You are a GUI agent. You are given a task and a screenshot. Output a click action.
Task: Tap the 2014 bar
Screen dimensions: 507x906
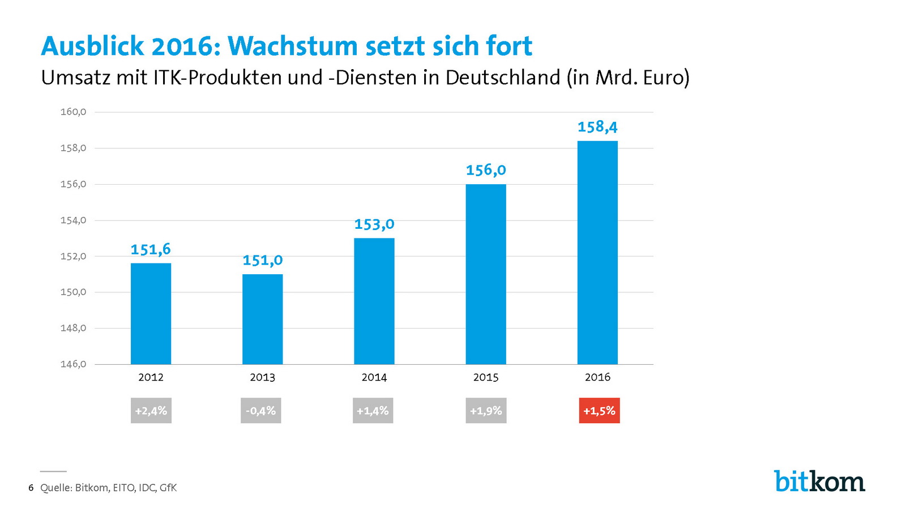click(374, 301)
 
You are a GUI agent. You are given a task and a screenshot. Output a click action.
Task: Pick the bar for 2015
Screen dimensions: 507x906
click(486, 274)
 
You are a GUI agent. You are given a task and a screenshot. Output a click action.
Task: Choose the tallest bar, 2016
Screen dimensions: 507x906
click(597, 252)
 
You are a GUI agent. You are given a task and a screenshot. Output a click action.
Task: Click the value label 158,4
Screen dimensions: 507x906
click(597, 127)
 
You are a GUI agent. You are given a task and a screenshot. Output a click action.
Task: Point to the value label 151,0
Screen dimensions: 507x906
click(262, 261)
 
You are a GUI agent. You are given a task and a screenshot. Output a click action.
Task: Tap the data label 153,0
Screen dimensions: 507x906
click(374, 225)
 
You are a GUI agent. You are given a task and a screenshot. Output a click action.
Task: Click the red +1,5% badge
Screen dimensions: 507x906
click(599, 411)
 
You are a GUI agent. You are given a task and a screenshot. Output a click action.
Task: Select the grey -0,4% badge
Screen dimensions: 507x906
click(260, 411)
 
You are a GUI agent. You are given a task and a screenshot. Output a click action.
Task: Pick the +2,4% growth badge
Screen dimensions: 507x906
click(151, 411)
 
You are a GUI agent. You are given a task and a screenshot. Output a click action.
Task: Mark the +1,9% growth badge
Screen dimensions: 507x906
click(486, 411)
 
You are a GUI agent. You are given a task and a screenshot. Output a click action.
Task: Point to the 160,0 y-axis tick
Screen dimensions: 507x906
click(73, 112)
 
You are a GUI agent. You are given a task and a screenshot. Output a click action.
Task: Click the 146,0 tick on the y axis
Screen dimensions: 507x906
click(73, 364)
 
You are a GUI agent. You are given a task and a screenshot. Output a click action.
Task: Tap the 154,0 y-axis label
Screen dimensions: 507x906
click(73, 220)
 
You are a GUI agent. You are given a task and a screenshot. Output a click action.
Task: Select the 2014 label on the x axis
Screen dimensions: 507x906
click(374, 377)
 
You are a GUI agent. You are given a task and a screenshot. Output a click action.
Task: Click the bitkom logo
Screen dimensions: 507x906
click(819, 482)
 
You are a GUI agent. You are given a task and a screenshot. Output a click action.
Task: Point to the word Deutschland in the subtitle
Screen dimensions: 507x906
click(503, 78)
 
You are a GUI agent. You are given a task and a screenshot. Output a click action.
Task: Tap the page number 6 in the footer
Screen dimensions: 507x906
click(31, 488)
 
